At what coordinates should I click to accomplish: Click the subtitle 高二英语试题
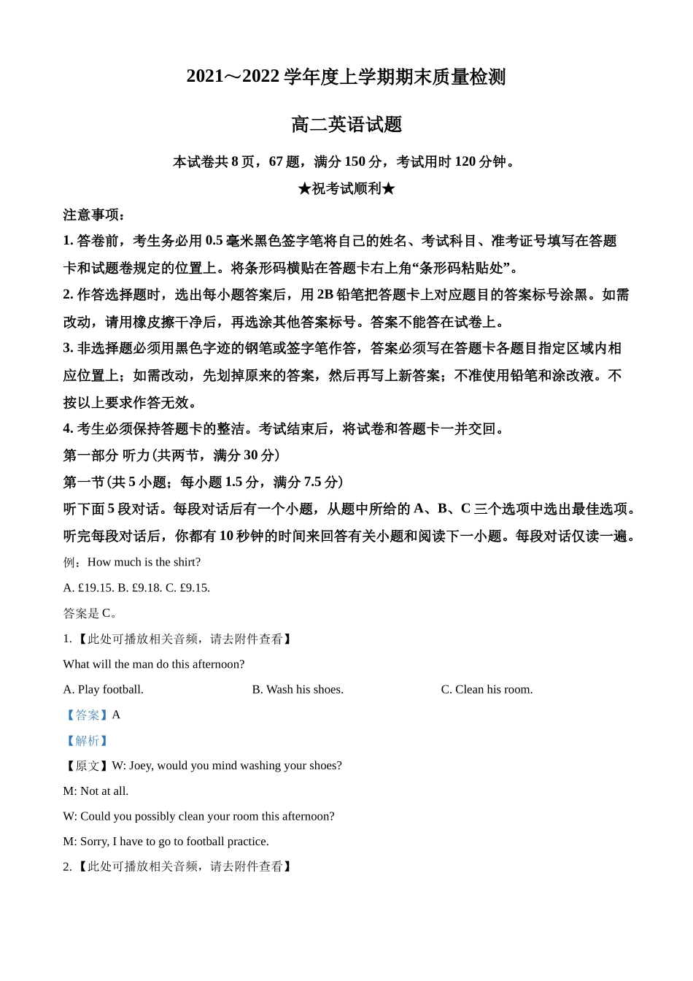point(346,125)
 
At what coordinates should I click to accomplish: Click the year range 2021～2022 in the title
point(233,77)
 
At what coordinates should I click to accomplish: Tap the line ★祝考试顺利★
point(346,188)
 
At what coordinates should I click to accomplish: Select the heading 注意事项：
point(94,215)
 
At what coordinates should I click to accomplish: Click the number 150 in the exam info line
point(355,161)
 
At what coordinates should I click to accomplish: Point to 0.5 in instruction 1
point(214,241)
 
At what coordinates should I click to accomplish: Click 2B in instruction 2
point(325,295)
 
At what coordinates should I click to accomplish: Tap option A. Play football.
point(104,689)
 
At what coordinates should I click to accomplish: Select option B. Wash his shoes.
point(298,689)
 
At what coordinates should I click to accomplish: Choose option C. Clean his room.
point(487,689)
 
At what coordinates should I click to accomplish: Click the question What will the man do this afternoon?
point(154,664)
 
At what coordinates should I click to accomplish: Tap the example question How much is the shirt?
point(144,562)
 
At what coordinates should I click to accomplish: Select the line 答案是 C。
point(90,613)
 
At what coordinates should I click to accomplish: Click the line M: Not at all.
point(96,790)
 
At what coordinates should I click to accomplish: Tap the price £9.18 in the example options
point(147,588)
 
